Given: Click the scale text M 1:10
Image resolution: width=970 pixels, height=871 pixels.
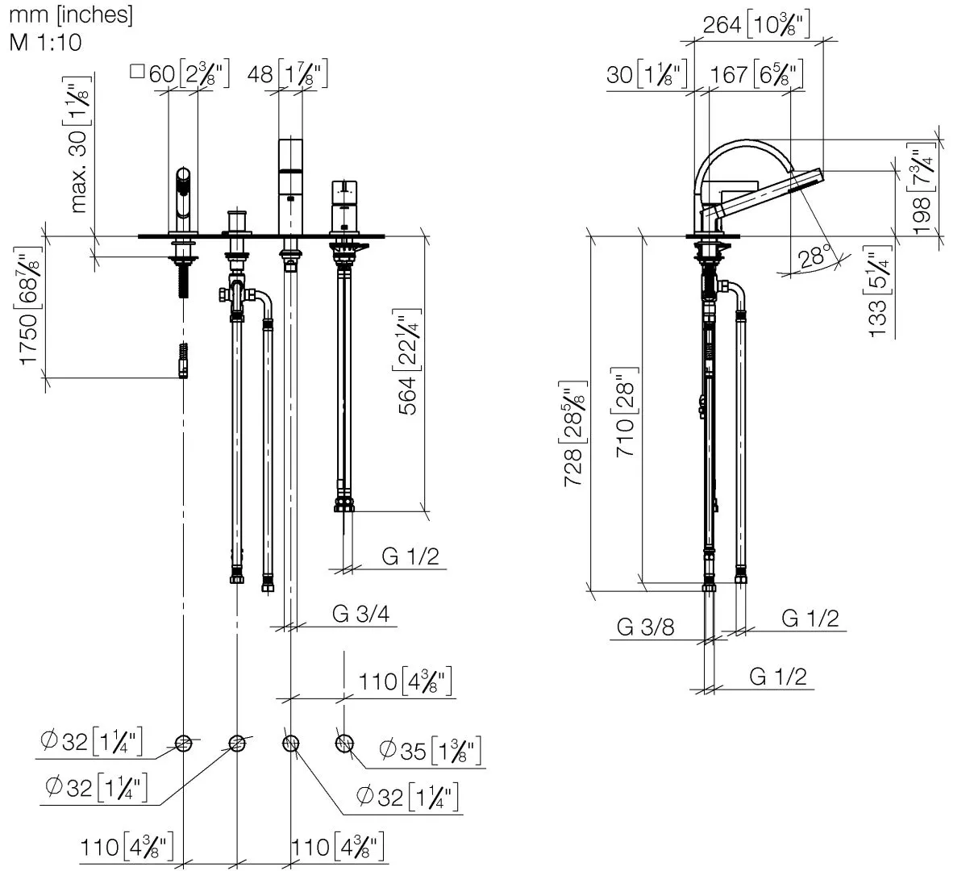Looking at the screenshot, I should (x=46, y=41).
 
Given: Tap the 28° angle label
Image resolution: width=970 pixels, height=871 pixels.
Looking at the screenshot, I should (x=814, y=256).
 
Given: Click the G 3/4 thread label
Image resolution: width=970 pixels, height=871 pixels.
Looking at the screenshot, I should (x=361, y=615).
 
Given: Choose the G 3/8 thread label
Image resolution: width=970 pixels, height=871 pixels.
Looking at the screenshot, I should (x=645, y=627).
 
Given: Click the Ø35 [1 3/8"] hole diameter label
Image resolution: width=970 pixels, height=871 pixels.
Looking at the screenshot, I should (x=431, y=751).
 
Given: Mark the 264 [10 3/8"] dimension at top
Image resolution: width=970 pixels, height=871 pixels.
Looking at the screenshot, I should (x=756, y=25).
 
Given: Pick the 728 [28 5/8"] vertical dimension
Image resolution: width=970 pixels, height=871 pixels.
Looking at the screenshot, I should (x=574, y=433).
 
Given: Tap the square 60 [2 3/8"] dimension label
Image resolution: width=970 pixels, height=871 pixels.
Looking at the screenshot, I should (x=180, y=74).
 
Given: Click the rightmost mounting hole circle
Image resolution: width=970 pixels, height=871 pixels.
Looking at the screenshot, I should (x=344, y=743).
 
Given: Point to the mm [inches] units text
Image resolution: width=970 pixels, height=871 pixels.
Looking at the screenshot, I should (x=71, y=14).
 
